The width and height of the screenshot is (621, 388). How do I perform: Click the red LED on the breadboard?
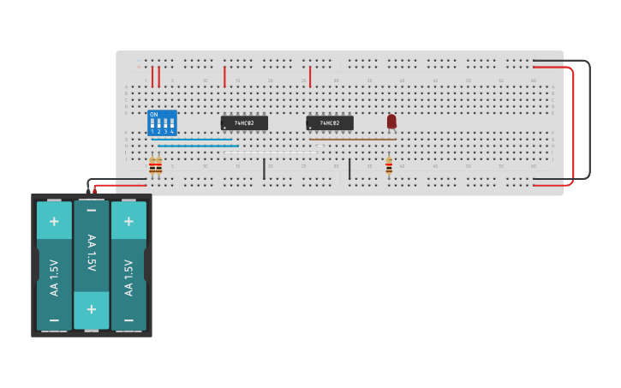click(x=391, y=122)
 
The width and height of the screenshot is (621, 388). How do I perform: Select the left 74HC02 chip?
click(x=244, y=122)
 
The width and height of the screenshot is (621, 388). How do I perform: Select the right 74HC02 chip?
click(x=330, y=122)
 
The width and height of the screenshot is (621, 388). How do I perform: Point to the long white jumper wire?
click(x=274, y=152)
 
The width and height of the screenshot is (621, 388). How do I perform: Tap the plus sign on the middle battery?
click(x=92, y=309)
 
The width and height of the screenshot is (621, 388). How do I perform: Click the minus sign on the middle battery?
click(x=92, y=210)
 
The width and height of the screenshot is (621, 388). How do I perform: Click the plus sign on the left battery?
click(x=54, y=221)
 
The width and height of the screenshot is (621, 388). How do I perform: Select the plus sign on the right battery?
click(x=128, y=221)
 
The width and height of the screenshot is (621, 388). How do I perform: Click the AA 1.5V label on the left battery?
click(x=54, y=278)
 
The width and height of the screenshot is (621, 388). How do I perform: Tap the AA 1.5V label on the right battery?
click(x=128, y=278)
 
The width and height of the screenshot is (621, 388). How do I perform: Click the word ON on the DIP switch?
click(x=154, y=114)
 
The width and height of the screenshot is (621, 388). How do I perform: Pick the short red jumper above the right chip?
click(x=310, y=76)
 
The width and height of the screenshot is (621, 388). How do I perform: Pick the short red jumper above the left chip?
click(x=224, y=76)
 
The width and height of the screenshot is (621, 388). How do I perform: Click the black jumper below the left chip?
click(x=264, y=169)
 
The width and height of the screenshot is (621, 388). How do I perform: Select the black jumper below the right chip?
click(x=349, y=169)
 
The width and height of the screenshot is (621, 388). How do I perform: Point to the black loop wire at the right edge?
click(x=589, y=120)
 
